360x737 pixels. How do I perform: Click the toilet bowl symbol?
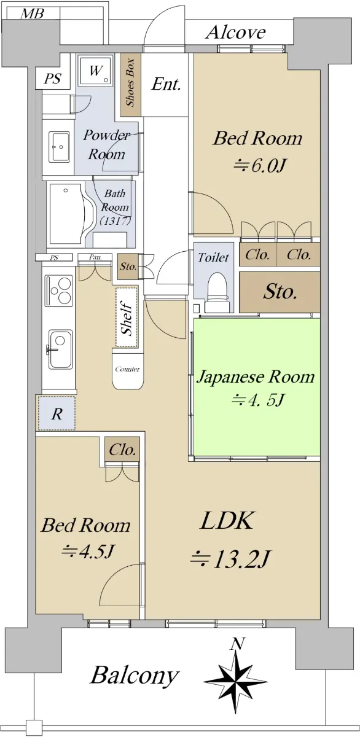tap(217, 292)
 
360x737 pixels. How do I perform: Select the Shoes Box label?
tap(130, 82)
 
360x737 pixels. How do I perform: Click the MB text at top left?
tap(32, 14)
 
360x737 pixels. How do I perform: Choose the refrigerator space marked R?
tap(57, 413)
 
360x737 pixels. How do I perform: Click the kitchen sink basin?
tap(61, 349)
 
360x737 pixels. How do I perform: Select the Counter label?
tap(127, 369)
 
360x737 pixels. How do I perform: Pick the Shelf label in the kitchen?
tap(127, 318)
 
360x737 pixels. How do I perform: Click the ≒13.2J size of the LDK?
tap(230, 560)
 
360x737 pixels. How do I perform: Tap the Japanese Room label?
tap(256, 377)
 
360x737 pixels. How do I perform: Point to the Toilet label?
tap(213, 257)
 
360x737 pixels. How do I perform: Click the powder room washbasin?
tap(60, 147)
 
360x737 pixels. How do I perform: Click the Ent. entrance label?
tap(166, 84)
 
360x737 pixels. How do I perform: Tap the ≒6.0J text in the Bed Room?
tap(259, 166)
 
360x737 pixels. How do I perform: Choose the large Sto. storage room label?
tap(280, 292)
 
